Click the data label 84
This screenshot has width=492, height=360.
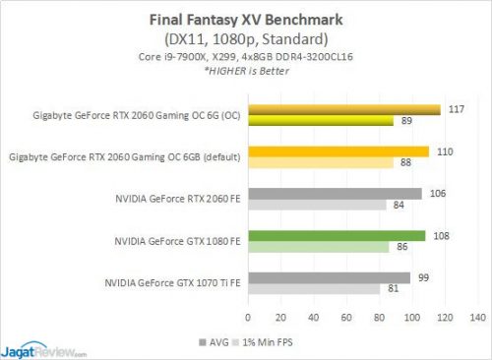click(x=398, y=206)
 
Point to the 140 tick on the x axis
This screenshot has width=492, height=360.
click(x=479, y=318)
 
